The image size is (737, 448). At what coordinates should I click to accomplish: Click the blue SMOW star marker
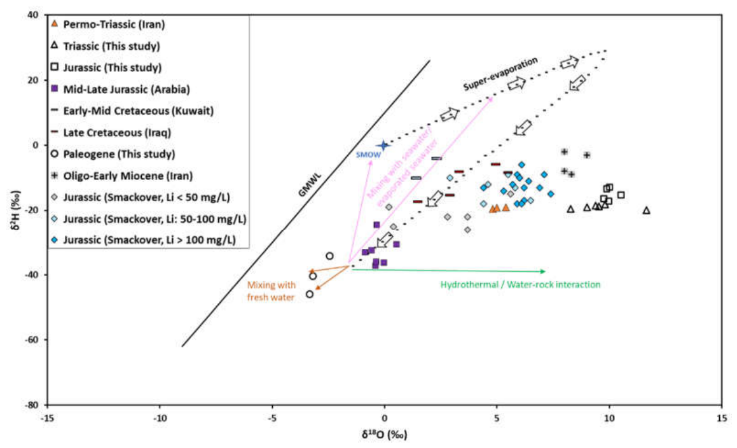click(x=383, y=146)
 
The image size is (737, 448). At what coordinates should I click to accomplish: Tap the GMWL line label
click(x=310, y=185)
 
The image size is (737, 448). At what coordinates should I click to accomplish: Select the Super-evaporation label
click(x=500, y=74)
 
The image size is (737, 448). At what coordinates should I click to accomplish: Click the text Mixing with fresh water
click(x=271, y=291)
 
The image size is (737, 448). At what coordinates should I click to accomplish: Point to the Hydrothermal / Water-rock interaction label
click(x=520, y=284)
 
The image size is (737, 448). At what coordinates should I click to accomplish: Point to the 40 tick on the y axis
click(x=33, y=15)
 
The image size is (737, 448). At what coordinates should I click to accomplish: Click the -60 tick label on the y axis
click(x=31, y=340)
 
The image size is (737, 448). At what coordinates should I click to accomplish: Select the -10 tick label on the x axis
click(x=160, y=417)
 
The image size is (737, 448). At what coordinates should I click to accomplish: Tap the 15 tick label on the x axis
click(x=722, y=417)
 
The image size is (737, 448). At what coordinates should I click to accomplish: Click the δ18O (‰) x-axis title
click(x=384, y=434)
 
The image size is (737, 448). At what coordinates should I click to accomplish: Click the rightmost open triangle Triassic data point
click(x=646, y=211)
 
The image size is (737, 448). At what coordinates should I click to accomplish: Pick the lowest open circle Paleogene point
click(x=309, y=294)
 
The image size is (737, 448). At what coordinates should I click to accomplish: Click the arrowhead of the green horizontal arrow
click(x=543, y=271)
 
